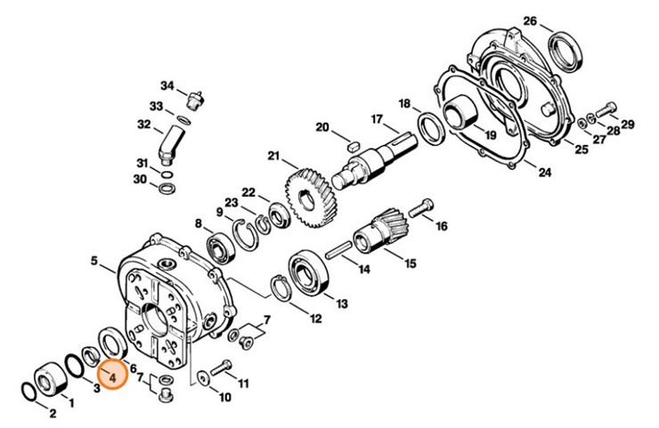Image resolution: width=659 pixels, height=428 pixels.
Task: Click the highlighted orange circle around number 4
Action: (x=113, y=377)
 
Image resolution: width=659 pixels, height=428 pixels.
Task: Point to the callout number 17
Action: (x=377, y=119)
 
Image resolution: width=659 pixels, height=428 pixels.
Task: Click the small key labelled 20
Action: (x=350, y=144)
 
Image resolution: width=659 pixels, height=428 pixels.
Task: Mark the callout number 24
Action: (x=545, y=173)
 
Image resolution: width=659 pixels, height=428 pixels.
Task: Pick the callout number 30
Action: (x=140, y=180)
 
